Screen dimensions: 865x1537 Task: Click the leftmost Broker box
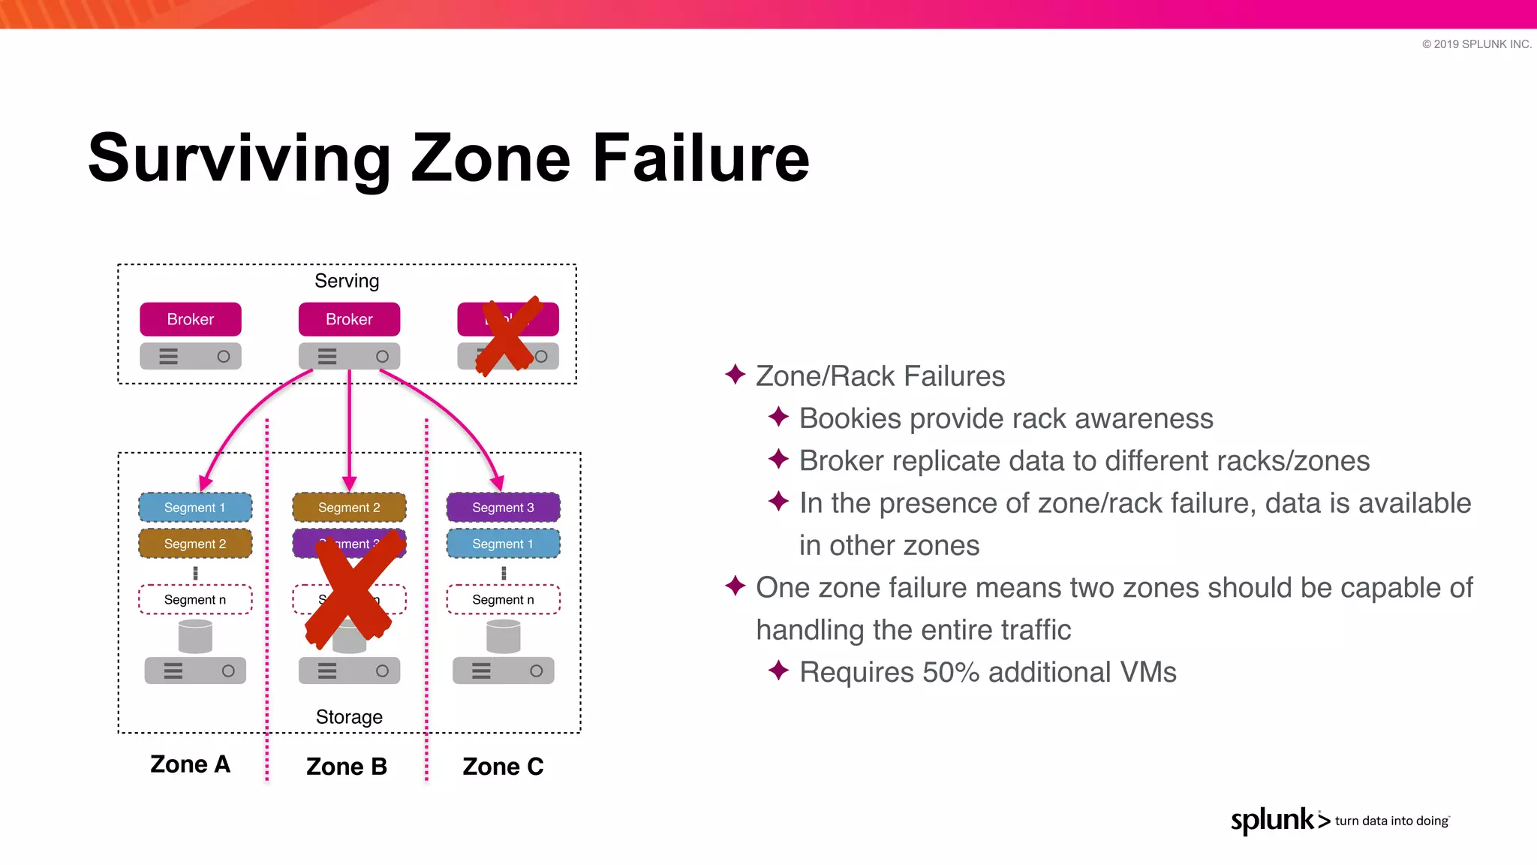coord(191,319)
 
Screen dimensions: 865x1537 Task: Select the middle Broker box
coord(349,319)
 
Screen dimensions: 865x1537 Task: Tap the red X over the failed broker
coord(510,335)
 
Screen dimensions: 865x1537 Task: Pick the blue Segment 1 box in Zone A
coord(195,508)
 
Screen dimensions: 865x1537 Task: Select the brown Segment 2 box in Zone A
coord(195,544)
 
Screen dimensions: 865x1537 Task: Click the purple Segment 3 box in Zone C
coord(503,508)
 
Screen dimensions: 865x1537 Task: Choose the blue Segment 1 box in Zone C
coord(503,544)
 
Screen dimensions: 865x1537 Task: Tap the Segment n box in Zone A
coord(195,599)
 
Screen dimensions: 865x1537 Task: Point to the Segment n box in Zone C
coord(503,599)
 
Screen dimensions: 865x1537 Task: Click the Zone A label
coord(190,764)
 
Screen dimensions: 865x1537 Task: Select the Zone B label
coord(347,767)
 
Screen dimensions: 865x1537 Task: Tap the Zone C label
coord(503,767)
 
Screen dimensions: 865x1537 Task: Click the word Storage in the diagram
coord(349,717)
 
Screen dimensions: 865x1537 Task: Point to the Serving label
coord(347,281)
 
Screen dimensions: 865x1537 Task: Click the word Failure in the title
coord(701,158)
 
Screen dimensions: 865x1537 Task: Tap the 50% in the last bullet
coord(951,672)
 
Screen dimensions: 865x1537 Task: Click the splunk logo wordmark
coord(1273,820)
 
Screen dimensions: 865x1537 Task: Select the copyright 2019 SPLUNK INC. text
coord(1476,44)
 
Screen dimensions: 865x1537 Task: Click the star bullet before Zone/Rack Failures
coord(735,374)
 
